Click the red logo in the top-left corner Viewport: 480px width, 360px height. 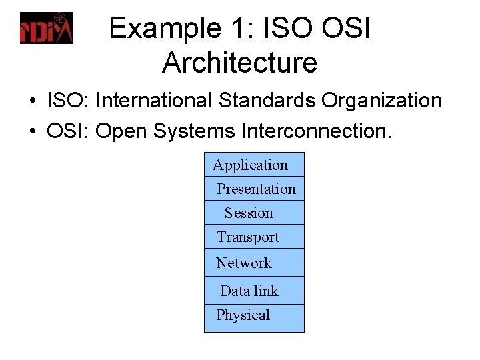point(46,28)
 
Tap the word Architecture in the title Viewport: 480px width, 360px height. point(239,63)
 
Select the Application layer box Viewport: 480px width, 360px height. point(254,165)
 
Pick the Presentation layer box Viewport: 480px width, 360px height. point(254,189)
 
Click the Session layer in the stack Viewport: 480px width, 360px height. point(254,213)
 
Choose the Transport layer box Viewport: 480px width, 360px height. point(254,237)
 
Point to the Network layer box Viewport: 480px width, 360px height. point(254,263)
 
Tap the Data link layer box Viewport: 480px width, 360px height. point(254,291)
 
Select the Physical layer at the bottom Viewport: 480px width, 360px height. point(254,315)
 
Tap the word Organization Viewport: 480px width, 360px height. point(382,101)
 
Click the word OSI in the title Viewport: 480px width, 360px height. point(346,29)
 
